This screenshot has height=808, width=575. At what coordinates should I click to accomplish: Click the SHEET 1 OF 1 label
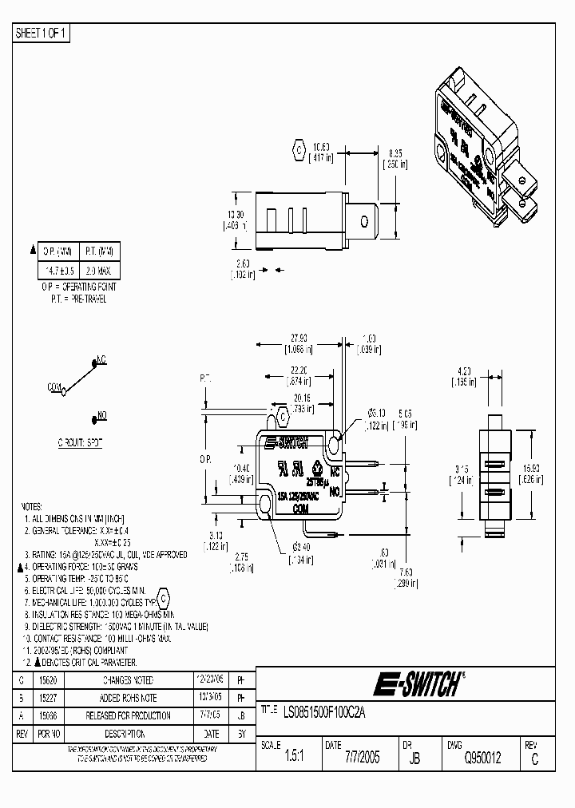[42, 33]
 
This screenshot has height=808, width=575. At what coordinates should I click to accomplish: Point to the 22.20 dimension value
[300, 370]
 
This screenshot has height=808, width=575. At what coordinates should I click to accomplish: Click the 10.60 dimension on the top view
[321, 146]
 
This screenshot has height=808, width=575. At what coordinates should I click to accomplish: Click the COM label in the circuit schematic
[54, 386]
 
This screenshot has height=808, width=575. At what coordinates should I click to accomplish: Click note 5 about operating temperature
[80, 576]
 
